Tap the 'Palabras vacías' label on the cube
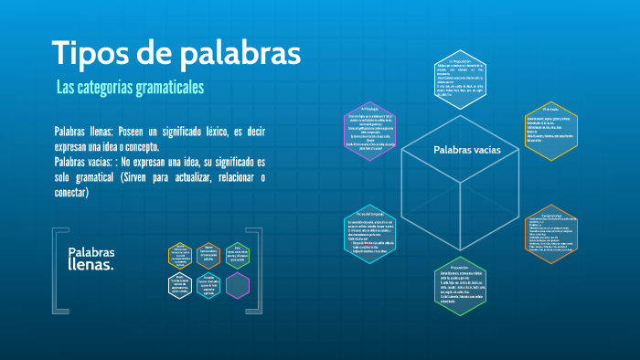coord(465,149)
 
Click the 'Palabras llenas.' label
coord(91,259)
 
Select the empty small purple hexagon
coord(237,285)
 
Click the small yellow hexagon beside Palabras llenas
coord(180,255)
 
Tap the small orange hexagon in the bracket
coord(208,255)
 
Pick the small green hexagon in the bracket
coord(237,255)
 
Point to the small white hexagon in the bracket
coord(180,285)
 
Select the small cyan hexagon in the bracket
coord(208,285)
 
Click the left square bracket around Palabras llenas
coord(56,270)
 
